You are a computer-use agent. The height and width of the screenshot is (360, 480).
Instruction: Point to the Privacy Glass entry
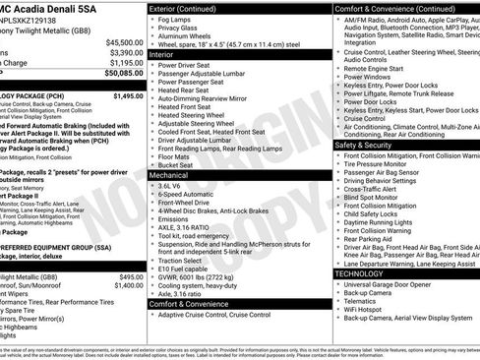[181, 30]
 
